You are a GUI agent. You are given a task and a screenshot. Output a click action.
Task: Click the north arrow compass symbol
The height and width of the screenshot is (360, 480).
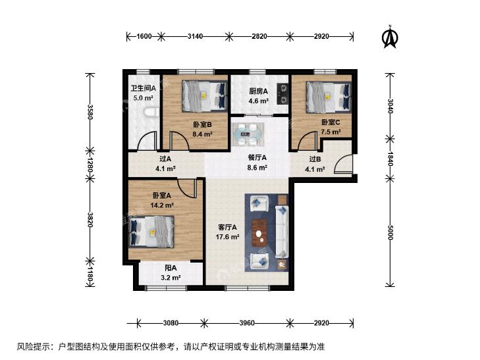tap(390, 37)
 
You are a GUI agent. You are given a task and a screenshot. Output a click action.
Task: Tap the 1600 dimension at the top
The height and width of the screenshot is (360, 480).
tap(144, 36)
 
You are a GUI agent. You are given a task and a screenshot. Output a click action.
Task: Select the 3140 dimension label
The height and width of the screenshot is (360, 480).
tap(195, 36)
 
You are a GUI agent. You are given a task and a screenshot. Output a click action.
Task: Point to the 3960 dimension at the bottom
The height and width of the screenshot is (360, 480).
tap(247, 322)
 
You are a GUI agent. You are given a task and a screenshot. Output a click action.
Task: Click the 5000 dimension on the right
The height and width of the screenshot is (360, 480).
tap(390, 232)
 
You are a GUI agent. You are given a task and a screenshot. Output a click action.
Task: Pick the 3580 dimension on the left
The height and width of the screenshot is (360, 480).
tap(90, 112)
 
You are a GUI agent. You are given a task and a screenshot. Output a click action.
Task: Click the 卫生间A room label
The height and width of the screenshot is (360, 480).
tap(144, 88)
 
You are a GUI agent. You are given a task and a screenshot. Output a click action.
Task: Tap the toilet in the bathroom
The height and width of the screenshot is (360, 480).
tap(151, 113)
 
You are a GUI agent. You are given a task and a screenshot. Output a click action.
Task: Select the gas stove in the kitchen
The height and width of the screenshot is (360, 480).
tap(283, 94)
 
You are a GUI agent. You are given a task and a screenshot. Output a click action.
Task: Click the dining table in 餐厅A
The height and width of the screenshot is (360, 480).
tap(248, 134)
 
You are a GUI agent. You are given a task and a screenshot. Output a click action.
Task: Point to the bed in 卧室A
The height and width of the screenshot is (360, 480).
tap(152, 232)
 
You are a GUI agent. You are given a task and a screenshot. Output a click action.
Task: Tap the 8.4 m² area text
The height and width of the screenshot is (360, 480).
tap(202, 134)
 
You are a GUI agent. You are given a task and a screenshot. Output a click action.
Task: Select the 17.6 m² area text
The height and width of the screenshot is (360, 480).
tap(227, 237)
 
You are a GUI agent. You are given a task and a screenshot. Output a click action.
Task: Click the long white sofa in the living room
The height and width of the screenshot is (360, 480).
tap(282, 232)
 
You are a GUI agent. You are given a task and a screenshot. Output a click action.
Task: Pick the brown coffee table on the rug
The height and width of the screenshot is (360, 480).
tap(259, 233)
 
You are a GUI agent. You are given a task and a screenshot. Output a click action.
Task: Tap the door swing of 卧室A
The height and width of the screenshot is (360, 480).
tap(186, 188)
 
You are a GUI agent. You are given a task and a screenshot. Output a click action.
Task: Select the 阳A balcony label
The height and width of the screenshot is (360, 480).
tap(171, 268)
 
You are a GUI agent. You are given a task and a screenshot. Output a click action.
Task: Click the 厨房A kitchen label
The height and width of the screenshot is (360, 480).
tap(258, 91)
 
